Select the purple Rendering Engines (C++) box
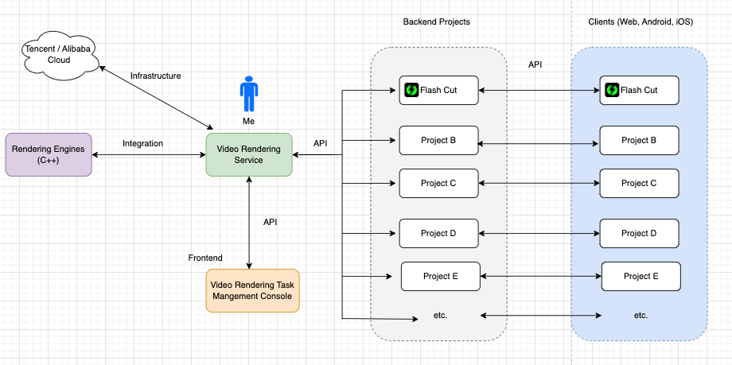49,154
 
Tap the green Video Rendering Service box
249,154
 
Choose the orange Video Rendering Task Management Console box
252,290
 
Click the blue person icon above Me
249,93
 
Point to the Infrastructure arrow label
155,76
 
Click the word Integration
143,143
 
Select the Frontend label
205,258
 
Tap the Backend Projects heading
437,22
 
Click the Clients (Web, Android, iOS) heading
640,22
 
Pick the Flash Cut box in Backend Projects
439,90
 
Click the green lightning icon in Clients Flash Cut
612,90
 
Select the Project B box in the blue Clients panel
639,140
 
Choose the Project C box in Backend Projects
439,183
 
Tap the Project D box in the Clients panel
639,233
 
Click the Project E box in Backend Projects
441,276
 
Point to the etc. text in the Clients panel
641,316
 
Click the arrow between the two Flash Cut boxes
539,90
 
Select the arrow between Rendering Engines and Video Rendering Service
149,154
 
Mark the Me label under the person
249,121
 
